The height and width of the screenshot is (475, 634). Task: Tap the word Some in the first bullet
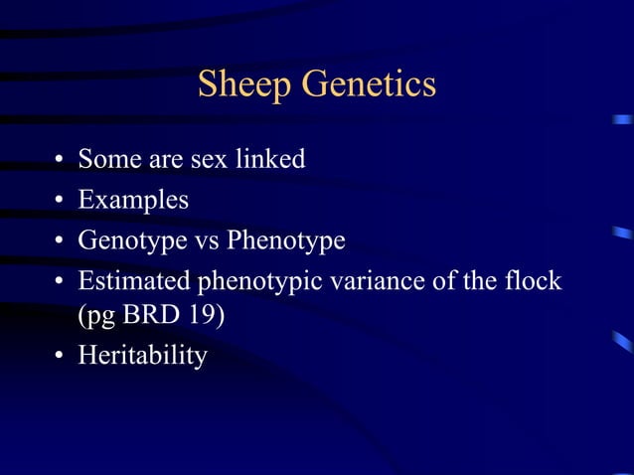pos(108,158)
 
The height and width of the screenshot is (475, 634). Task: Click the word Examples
pos(133,200)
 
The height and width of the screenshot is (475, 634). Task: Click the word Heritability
pos(142,355)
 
